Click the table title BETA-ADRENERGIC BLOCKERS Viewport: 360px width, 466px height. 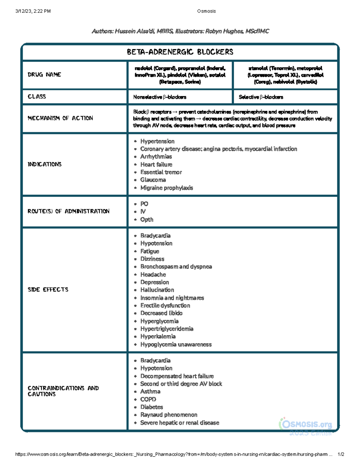(x=180, y=52)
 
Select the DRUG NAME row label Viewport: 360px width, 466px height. (x=44, y=74)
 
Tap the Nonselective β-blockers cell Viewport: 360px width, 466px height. (x=160, y=97)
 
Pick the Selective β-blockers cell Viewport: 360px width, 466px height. (x=261, y=97)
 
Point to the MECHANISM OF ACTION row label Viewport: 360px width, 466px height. (x=60, y=118)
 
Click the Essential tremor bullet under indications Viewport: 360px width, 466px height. (x=161, y=172)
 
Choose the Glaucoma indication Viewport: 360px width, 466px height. (x=153, y=180)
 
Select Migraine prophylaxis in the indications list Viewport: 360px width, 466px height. (x=166, y=188)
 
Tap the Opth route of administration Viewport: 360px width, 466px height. (x=147, y=219)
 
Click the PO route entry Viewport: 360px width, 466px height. (x=144, y=204)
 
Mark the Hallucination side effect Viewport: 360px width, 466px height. (x=157, y=290)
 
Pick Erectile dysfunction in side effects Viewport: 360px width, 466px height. (x=165, y=305)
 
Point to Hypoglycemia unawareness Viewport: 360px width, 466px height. (x=176, y=344)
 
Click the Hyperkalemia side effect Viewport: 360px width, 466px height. (x=158, y=336)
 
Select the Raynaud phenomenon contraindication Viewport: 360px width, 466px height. (x=169, y=415)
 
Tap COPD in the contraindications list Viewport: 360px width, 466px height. (x=148, y=399)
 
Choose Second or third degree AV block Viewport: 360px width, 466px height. (x=181, y=384)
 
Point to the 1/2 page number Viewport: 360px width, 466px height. (x=341, y=454)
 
